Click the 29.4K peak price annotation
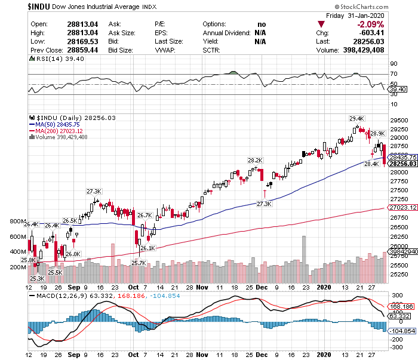[x=356, y=118]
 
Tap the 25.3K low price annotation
[x=38, y=278]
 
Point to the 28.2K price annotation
[x=255, y=160]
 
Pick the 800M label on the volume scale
[x=18, y=221]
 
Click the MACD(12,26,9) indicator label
[x=60, y=295]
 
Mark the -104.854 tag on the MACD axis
[x=402, y=330]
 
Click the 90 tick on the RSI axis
[x=394, y=63]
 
